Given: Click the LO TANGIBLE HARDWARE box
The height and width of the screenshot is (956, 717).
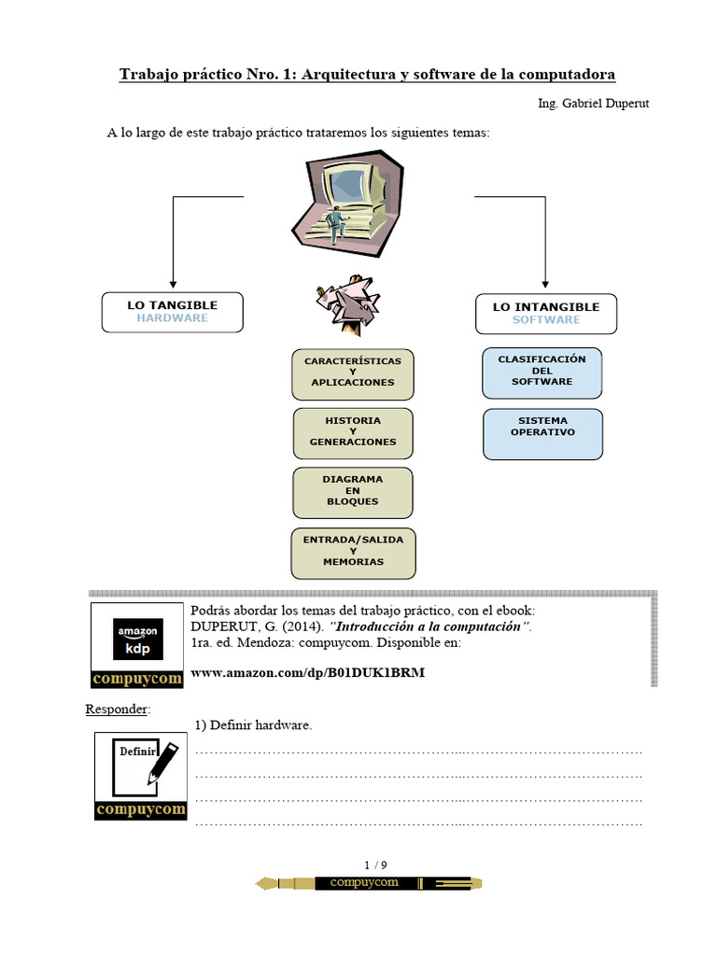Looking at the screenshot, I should pyautogui.click(x=172, y=312).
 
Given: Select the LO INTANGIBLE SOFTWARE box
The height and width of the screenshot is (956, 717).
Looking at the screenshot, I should pyautogui.click(x=546, y=314).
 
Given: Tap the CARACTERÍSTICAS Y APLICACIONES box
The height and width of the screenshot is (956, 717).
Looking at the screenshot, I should pyautogui.click(x=353, y=373).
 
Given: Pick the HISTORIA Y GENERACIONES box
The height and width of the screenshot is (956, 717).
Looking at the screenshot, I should pyautogui.click(x=353, y=432).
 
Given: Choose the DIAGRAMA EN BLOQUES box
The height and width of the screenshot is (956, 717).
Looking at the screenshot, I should pyautogui.click(x=353, y=492).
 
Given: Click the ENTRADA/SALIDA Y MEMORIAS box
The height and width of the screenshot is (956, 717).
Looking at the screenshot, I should pyautogui.click(x=353, y=552).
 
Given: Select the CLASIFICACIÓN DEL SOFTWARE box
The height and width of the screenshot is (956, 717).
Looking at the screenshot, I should pyautogui.click(x=542, y=372).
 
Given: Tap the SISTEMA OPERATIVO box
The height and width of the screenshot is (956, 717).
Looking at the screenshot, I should pyautogui.click(x=542, y=433).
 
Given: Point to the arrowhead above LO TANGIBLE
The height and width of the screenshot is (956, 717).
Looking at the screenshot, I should pyautogui.click(x=173, y=282).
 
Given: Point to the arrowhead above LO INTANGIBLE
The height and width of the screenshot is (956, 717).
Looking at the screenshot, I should pyautogui.click(x=546, y=282).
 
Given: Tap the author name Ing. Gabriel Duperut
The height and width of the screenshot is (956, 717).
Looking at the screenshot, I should pyautogui.click(x=593, y=104).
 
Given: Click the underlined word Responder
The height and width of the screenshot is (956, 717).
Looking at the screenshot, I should pyautogui.click(x=117, y=710).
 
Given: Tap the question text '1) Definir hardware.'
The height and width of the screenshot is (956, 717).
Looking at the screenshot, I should pyautogui.click(x=253, y=725).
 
